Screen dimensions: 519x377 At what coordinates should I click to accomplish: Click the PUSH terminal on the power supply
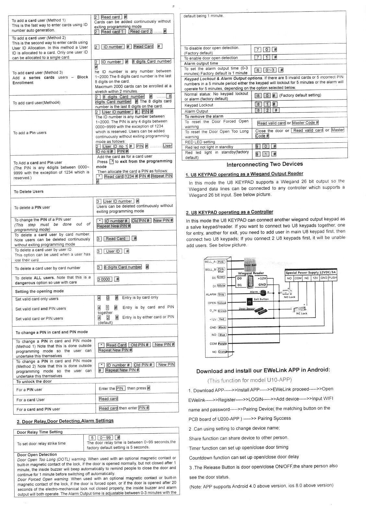point(333,278)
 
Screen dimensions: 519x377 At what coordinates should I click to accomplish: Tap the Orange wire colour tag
point(223,352)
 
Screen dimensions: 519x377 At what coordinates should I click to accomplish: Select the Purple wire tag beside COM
point(222,344)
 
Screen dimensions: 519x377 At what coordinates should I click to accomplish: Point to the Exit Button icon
point(250,302)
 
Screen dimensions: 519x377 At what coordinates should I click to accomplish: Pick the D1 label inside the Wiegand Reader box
point(240,285)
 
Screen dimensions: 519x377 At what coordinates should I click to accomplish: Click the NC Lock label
point(302,313)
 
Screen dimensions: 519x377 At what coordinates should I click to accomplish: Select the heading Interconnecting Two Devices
point(265,164)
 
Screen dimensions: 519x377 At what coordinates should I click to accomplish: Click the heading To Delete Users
point(29,191)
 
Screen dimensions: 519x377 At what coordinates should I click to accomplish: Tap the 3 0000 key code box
point(104,279)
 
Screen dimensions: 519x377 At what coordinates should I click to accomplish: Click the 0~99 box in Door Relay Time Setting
point(105,437)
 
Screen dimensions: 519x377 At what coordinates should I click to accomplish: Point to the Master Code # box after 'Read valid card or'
point(305,123)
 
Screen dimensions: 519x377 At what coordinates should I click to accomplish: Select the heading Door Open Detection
point(37,454)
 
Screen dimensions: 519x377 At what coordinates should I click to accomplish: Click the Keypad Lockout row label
point(199,105)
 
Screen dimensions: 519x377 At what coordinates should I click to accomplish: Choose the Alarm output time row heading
point(201,63)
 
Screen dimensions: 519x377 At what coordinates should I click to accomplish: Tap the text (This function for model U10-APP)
point(250,380)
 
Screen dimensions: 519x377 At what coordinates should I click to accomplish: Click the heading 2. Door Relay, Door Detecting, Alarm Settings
point(65,421)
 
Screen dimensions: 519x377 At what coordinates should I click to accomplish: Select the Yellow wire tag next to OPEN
point(222,303)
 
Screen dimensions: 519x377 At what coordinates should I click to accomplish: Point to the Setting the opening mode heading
point(40,291)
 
